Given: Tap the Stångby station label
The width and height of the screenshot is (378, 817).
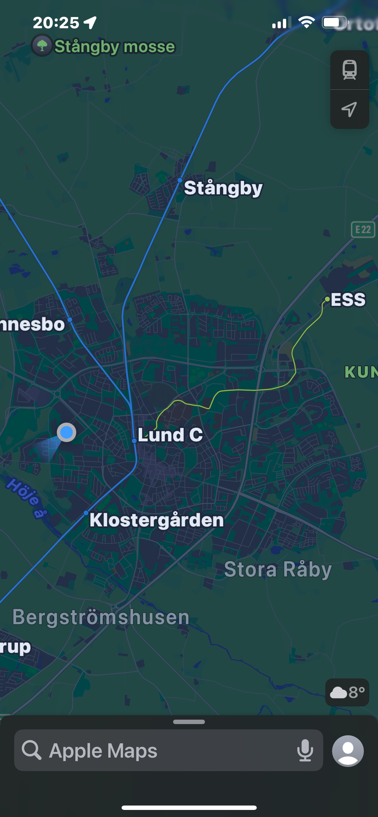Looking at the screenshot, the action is click(x=223, y=188).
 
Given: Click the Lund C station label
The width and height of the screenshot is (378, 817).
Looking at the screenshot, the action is click(x=170, y=434).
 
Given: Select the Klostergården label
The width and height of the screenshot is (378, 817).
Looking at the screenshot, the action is click(x=156, y=520).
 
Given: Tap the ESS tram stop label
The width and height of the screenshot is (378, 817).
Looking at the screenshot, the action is click(x=348, y=299).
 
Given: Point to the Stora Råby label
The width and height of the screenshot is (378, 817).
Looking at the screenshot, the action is click(x=278, y=569).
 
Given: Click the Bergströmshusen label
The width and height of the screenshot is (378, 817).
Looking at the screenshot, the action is click(x=101, y=617).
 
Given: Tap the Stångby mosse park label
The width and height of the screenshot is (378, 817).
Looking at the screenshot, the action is click(x=115, y=47).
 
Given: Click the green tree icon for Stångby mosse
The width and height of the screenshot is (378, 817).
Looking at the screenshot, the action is click(x=42, y=45).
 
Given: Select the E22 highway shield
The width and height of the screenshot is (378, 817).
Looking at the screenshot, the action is click(x=363, y=229).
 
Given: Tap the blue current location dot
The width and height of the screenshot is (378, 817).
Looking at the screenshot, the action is click(x=66, y=432).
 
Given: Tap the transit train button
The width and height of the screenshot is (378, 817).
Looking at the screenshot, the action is click(x=349, y=70).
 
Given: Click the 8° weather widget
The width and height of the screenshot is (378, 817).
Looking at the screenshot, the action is click(x=347, y=692).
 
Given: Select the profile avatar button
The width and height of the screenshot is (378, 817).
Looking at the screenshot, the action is click(x=348, y=751).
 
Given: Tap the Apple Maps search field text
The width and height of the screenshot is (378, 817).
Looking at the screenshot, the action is click(x=103, y=751).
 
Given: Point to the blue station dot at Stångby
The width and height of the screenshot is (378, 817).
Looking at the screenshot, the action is click(x=180, y=180).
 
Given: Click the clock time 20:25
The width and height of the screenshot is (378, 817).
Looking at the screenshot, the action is click(x=56, y=23).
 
